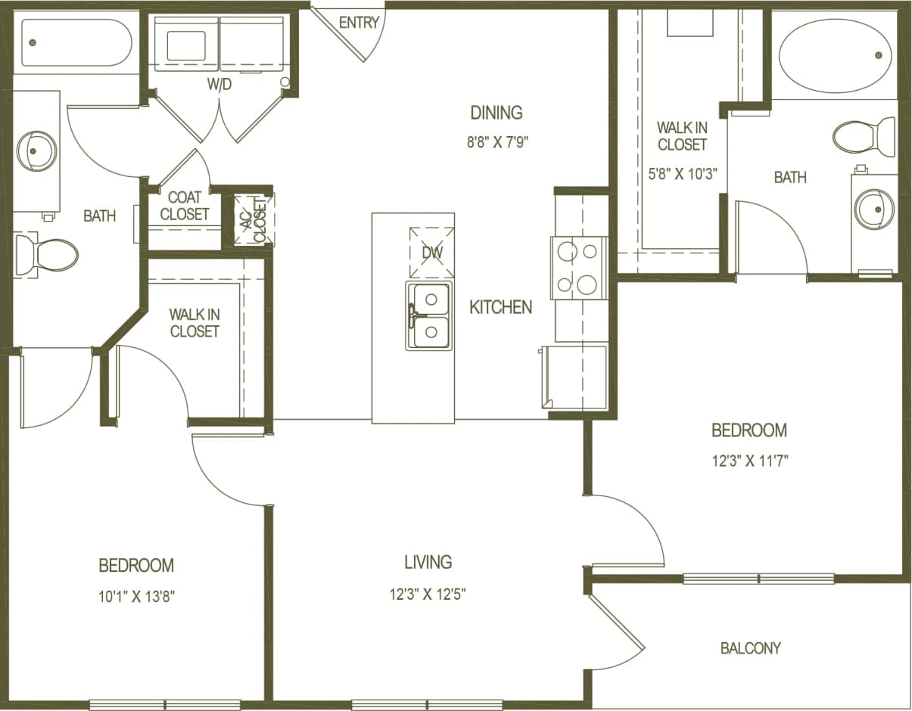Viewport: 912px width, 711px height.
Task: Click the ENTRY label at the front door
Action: (359, 23)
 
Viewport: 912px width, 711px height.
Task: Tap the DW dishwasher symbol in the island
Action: (431, 252)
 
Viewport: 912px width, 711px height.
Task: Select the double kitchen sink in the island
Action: (429, 315)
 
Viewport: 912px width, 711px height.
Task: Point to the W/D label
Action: (219, 85)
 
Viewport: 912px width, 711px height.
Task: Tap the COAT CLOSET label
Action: (184, 206)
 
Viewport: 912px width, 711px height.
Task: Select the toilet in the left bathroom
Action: (47, 255)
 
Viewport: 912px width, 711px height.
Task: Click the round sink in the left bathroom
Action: (36, 151)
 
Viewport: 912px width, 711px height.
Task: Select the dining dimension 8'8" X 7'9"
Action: (496, 142)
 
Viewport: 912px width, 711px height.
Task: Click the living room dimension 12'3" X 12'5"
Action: (428, 594)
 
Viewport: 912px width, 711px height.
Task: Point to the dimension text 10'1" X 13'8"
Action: (136, 596)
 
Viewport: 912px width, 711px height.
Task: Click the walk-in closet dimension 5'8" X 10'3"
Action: (682, 172)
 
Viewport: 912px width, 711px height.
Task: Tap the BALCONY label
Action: (750, 648)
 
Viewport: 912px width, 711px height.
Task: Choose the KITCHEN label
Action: (500, 307)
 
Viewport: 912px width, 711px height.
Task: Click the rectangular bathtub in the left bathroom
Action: (76, 42)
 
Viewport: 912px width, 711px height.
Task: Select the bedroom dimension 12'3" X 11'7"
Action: (749, 460)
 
